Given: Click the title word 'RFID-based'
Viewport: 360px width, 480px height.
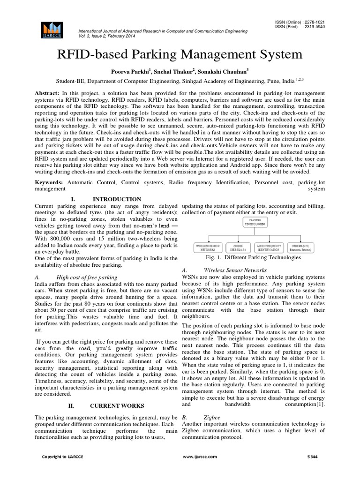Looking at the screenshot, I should pyautogui.click(x=92, y=54).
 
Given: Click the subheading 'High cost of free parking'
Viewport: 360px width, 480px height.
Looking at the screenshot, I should pyautogui.click(x=87, y=277).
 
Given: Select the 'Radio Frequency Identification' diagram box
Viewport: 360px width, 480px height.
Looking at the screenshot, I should pyautogui.click(x=268, y=247).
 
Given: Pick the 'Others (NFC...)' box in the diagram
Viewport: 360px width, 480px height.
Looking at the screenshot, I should pyautogui.click(x=302, y=247).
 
